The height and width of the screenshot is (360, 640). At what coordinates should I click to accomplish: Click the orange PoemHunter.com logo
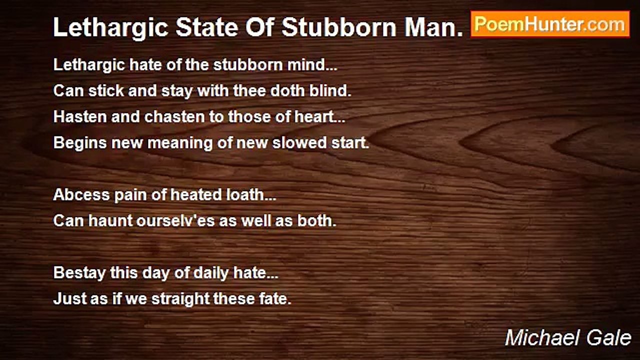tap(550, 24)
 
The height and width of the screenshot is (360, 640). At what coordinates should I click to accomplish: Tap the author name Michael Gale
tap(568, 338)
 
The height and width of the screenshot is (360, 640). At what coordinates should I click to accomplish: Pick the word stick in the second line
tap(106, 91)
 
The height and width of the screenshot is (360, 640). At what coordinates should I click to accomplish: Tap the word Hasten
tap(80, 117)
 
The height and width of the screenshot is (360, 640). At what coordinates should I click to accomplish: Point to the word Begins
tap(80, 143)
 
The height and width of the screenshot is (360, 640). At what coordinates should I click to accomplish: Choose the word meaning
tap(180, 143)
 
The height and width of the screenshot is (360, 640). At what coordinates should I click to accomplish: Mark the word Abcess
tap(81, 195)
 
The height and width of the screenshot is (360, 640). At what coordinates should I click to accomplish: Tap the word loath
tap(245, 195)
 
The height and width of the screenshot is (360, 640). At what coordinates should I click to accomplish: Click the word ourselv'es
tap(175, 221)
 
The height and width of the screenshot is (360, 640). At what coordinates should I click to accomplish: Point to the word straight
tap(180, 299)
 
